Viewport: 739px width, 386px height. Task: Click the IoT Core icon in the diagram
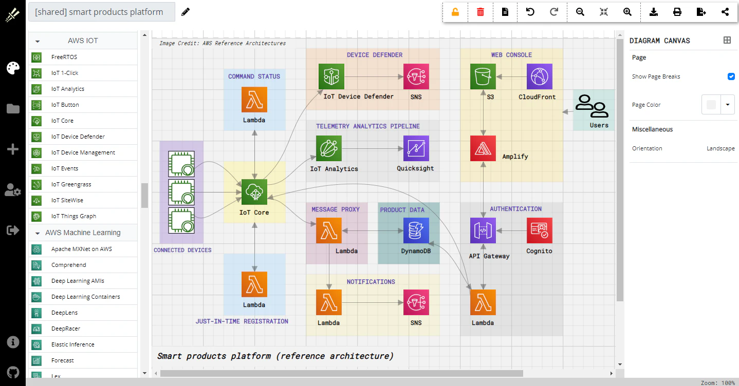click(x=254, y=192)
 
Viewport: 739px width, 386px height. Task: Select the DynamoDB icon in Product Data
click(x=416, y=230)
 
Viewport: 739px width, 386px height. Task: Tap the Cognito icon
click(x=540, y=230)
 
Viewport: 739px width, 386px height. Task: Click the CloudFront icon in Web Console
click(x=540, y=76)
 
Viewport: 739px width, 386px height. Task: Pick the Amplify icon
click(x=483, y=148)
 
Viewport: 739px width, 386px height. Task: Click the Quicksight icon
click(x=416, y=148)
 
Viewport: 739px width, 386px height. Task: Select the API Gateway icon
click(x=483, y=230)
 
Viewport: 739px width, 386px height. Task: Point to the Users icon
click(x=592, y=106)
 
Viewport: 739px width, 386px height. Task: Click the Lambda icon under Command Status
click(x=254, y=100)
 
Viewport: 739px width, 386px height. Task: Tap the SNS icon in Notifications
click(x=416, y=302)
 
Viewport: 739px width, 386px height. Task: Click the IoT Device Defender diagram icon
click(x=331, y=76)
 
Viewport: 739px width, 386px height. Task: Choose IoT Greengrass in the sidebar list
click(x=71, y=184)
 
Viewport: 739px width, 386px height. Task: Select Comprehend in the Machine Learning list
click(x=69, y=265)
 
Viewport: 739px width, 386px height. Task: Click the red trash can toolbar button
click(x=481, y=12)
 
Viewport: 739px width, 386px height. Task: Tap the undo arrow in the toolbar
click(x=530, y=12)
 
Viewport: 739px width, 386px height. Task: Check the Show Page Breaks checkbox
click(x=731, y=76)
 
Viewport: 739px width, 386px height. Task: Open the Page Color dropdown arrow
click(x=728, y=105)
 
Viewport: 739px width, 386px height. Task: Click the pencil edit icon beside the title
click(x=186, y=12)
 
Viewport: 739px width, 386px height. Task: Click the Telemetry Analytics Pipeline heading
click(x=368, y=126)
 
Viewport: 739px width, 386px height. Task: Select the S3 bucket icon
click(x=483, y=76)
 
